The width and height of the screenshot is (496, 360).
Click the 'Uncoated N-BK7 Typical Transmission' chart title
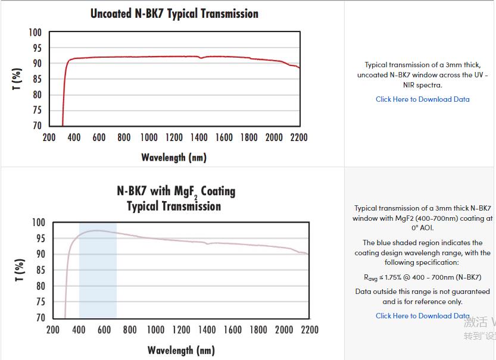pos(174,13)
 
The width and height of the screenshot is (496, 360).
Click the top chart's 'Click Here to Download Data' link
pos(422,99)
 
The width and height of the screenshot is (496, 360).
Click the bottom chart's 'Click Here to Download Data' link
pos(422,316)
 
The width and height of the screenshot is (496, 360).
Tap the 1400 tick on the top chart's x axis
pos(199,137)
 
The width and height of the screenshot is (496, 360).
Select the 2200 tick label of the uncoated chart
pos(298,137)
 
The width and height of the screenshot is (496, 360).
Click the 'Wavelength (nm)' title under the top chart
pos(174,158)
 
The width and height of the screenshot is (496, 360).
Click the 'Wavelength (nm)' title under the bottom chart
pos(181,350)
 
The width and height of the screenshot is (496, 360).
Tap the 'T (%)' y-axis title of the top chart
pos(17,79)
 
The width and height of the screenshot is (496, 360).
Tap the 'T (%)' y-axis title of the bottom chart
pos(19,270)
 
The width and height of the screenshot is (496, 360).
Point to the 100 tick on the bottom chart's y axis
pos(38,223)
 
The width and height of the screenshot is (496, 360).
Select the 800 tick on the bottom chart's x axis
pos(129,330)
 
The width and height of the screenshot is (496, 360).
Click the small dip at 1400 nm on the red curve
pos(201,58)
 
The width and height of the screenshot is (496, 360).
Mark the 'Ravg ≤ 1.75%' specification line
pos(422,277)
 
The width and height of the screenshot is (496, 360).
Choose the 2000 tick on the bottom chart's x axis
pos(284,330)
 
